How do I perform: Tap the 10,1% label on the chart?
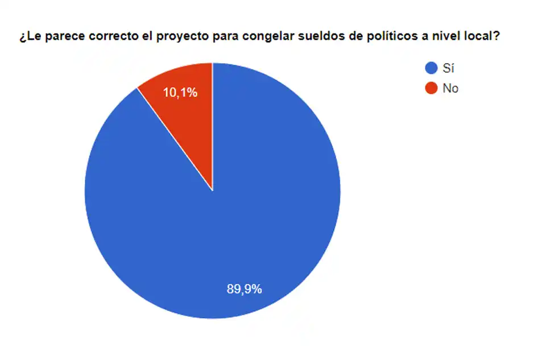[x=180, y=92]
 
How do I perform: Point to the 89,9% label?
[x=244, y=289]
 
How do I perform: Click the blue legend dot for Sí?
[x=431, y=69]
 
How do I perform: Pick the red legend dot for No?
[x=431, y=88]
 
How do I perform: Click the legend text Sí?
[x=448, y=69]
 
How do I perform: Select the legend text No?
[x=450, y=88]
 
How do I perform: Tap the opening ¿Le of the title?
[x=28, y=38]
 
